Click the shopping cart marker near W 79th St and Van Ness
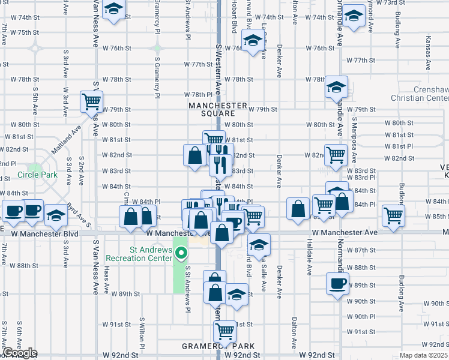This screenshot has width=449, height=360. click(x=92, y=100)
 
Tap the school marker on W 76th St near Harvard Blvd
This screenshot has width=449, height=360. click(x=253, y=41)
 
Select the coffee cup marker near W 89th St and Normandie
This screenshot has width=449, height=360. click(x=337, y=282)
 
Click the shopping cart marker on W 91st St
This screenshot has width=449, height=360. click(x=224, y=329)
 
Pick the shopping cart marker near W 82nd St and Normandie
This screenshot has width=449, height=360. click(x=336, y=155)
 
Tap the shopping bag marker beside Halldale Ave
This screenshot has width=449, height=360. click(x=298, y=209)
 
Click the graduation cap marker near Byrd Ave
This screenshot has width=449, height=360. click(x=56, y=214)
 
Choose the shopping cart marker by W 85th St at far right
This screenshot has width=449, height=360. click(x=393, y=215)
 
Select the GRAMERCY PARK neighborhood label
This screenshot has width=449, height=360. click(x=218, y=347)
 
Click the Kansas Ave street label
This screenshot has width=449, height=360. click(x=428, y=48)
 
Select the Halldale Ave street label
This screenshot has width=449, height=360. click(x=310, y=261)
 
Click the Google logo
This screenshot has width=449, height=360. click(x=19, y=353)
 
